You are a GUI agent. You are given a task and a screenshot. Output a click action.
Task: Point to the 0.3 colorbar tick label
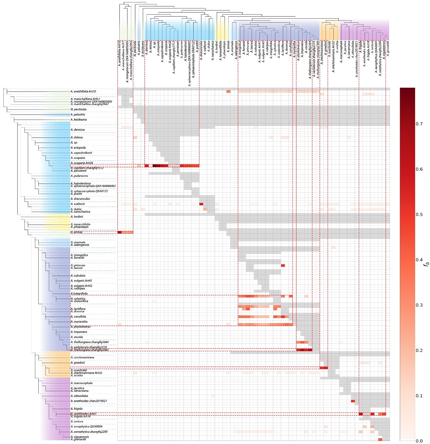[419, 305]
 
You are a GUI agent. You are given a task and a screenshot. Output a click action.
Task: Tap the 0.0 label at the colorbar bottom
[419, 441]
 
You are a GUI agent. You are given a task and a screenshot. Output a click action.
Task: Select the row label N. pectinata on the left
[78, 109]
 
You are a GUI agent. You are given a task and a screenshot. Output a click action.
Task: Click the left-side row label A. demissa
[78, 130]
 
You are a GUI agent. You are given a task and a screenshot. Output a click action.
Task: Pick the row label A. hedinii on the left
[77, 216]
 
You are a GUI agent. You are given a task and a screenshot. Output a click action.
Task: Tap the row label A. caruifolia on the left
[78, 317]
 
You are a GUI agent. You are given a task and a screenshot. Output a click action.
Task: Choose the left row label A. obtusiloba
[79, 396]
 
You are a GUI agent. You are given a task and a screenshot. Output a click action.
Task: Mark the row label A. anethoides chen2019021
[88, 401]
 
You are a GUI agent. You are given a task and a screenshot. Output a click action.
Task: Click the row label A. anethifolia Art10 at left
[83, 91]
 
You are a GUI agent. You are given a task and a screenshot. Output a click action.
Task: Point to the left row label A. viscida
[77, 337]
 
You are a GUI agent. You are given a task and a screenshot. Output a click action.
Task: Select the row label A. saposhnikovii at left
[81, 153]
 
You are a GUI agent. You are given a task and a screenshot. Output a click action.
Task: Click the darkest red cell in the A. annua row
[119, 232]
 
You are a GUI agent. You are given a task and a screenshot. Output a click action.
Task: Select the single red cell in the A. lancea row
[283, 266]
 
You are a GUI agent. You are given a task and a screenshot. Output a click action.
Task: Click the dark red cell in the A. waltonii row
[201, 204]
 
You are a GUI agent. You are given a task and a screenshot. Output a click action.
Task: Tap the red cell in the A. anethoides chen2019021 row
[353, 401]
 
